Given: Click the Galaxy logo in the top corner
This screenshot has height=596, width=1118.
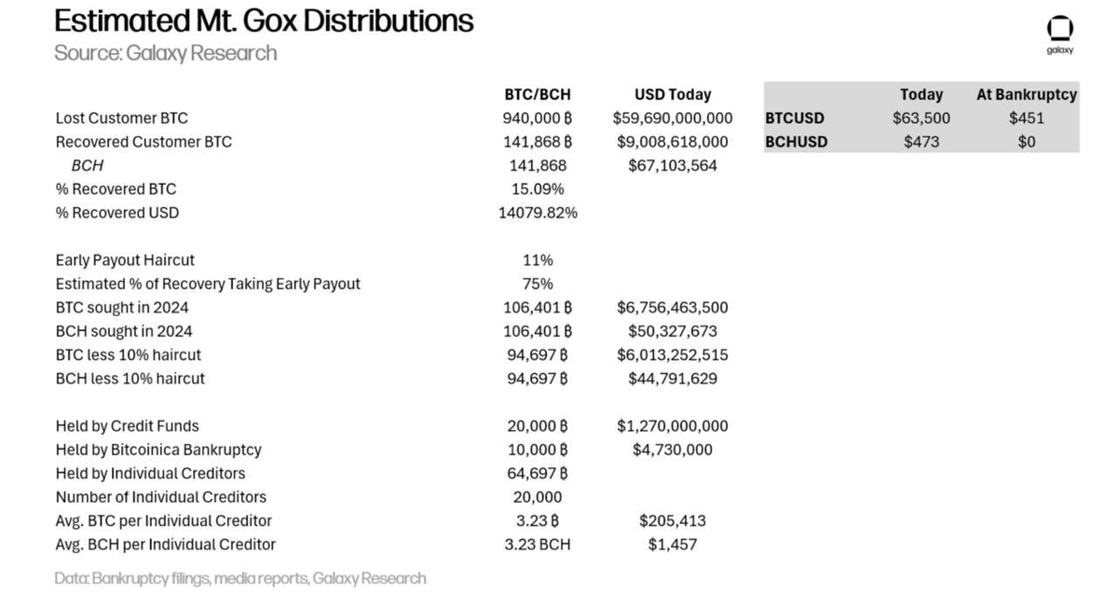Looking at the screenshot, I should point(1060,32).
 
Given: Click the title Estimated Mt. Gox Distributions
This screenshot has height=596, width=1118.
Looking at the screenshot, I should point(264,21).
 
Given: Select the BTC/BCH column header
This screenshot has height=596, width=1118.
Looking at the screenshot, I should point(537,94).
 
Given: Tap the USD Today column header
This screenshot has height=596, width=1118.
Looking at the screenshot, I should point(672,94).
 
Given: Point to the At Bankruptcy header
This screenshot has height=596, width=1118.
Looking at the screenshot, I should point(1026,94).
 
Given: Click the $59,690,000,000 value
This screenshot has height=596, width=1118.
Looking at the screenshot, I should point(672,118).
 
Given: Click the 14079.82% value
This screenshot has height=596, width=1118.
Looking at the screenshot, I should point(538,213).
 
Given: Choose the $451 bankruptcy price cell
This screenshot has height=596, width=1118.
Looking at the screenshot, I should point(1026,118).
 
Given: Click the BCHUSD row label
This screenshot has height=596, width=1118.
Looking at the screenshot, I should point(796,142).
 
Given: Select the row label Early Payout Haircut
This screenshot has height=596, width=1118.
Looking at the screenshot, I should point(125,260).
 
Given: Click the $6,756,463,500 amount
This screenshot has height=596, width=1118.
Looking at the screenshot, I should point(672,307).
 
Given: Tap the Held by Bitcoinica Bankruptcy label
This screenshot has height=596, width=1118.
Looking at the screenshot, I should point(158,450).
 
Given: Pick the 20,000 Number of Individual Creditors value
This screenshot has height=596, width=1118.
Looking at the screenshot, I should point(537,497).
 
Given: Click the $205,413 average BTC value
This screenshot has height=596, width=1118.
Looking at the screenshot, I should point(672,520).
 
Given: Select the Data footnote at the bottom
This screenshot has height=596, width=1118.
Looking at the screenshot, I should point(239,578).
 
